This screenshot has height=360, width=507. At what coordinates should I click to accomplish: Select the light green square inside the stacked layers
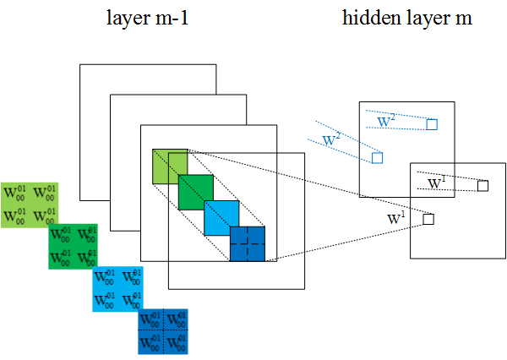(x=166, y=165)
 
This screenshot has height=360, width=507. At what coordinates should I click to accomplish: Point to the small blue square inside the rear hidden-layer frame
(x=432, y=124)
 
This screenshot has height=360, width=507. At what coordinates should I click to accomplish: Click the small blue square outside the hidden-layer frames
(x=378, y=157)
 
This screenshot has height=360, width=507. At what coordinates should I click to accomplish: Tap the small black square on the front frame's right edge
(x=482, y=185)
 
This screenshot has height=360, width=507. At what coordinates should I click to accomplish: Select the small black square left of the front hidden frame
(x=428, y=219)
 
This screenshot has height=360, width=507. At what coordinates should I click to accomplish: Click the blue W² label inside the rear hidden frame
(x=386, y=121)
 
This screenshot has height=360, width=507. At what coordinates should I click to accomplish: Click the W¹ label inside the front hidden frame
(x=437, y=182)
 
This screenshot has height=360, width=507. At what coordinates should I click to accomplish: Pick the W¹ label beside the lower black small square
(x=395, y=218)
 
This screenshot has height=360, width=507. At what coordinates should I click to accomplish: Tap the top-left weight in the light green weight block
(x=14, y=194)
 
